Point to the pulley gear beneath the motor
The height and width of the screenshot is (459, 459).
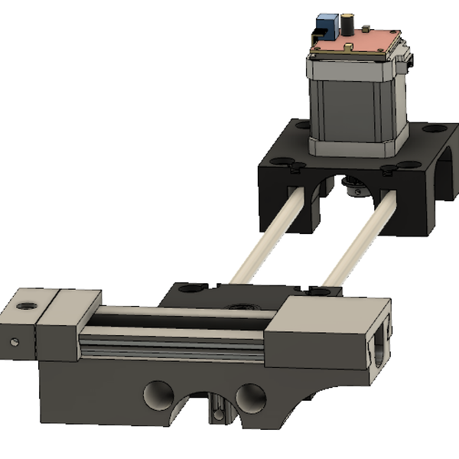pos(353,184)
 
